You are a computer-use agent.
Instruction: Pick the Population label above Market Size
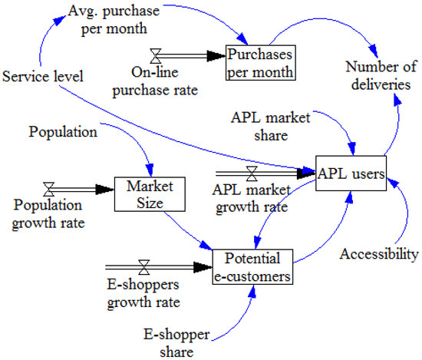tap(64, 131)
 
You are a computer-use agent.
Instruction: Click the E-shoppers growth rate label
tap(141, 294)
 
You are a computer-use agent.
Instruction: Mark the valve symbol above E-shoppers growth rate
tap(143, 268)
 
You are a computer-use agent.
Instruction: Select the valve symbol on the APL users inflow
tap(252, 173)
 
